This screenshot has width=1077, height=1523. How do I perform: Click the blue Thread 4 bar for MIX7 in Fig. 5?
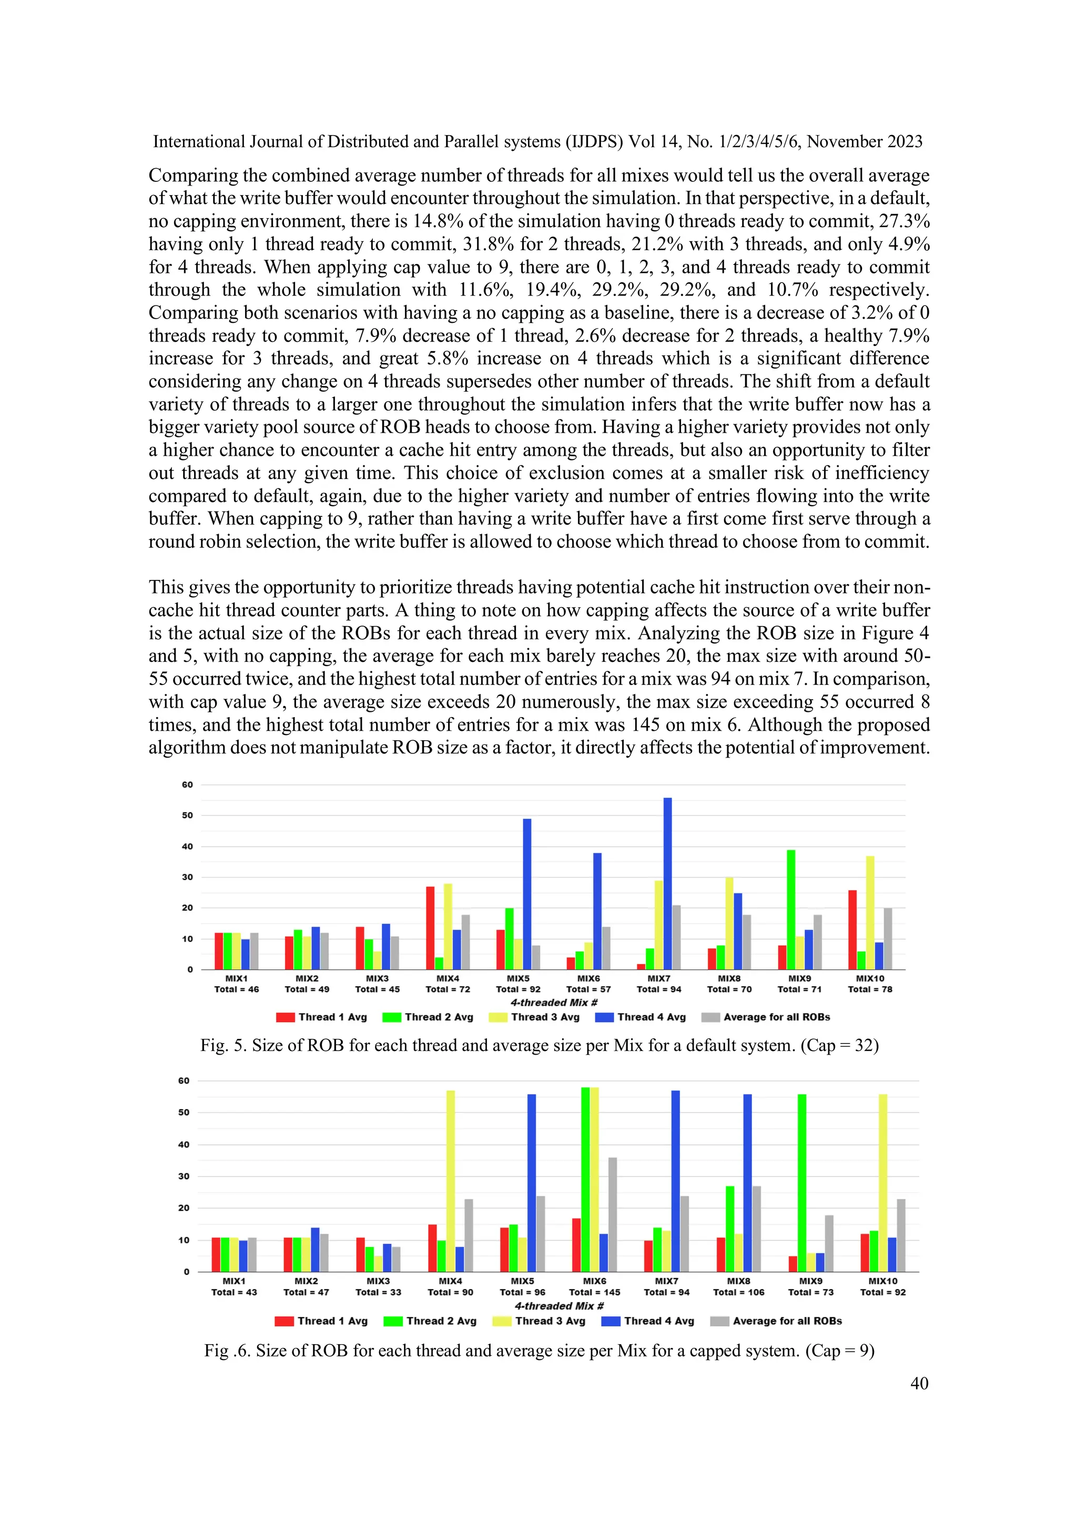[667, 882]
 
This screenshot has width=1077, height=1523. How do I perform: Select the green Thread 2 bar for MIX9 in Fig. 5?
[791, 909]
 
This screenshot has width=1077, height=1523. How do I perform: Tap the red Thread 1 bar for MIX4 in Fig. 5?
[430, 927]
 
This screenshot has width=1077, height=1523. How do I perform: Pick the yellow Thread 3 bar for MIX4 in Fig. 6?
[451, 1181]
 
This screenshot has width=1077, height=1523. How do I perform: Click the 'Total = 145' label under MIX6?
[595, 1292]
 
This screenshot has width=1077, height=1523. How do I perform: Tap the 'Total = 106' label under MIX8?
[738, 1292]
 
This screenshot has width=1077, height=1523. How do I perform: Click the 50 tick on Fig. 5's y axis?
[187, 815]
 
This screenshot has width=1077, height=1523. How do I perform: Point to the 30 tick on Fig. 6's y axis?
[184, 1176]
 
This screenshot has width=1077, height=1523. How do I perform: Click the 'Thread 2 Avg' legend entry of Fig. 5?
[439, 1017]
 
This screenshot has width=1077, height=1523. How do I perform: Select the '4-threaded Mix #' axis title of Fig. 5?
[554, 1003]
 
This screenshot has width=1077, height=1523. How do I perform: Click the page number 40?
[919, 1383]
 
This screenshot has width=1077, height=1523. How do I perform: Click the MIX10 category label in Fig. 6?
[882, 1281]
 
